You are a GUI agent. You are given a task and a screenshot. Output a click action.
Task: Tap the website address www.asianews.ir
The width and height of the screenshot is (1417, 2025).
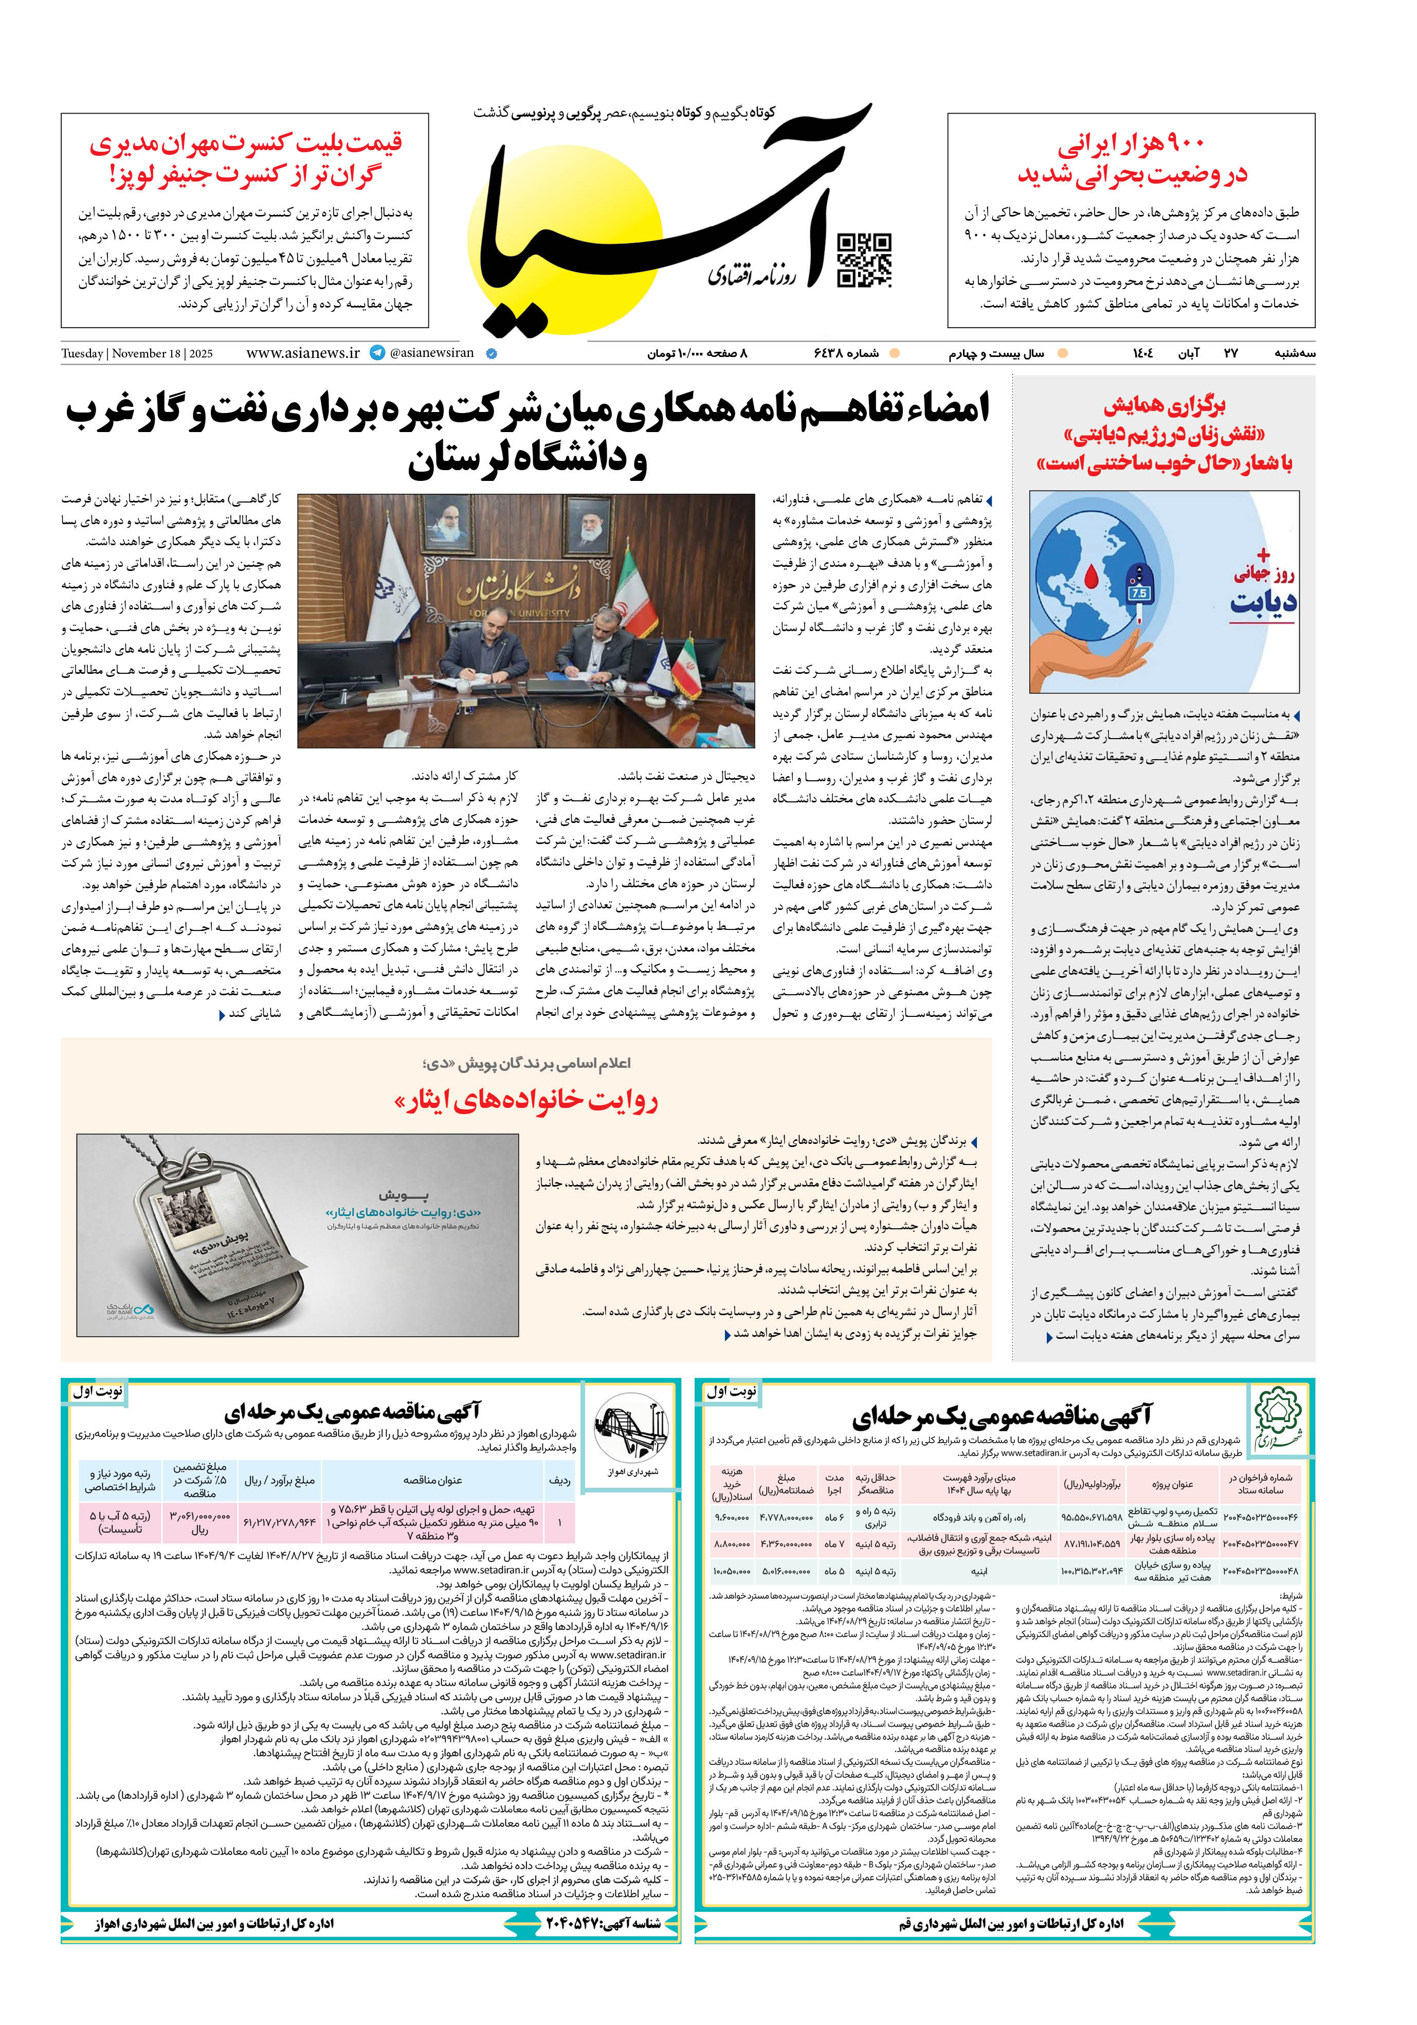(302, 353)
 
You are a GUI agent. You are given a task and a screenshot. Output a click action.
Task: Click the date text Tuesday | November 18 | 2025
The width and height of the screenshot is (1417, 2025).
(137, 354)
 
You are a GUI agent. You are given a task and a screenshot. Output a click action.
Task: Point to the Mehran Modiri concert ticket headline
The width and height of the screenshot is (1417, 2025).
(245, 159)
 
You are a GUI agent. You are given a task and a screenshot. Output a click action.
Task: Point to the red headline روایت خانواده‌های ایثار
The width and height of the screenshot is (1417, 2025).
(525, 1100)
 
